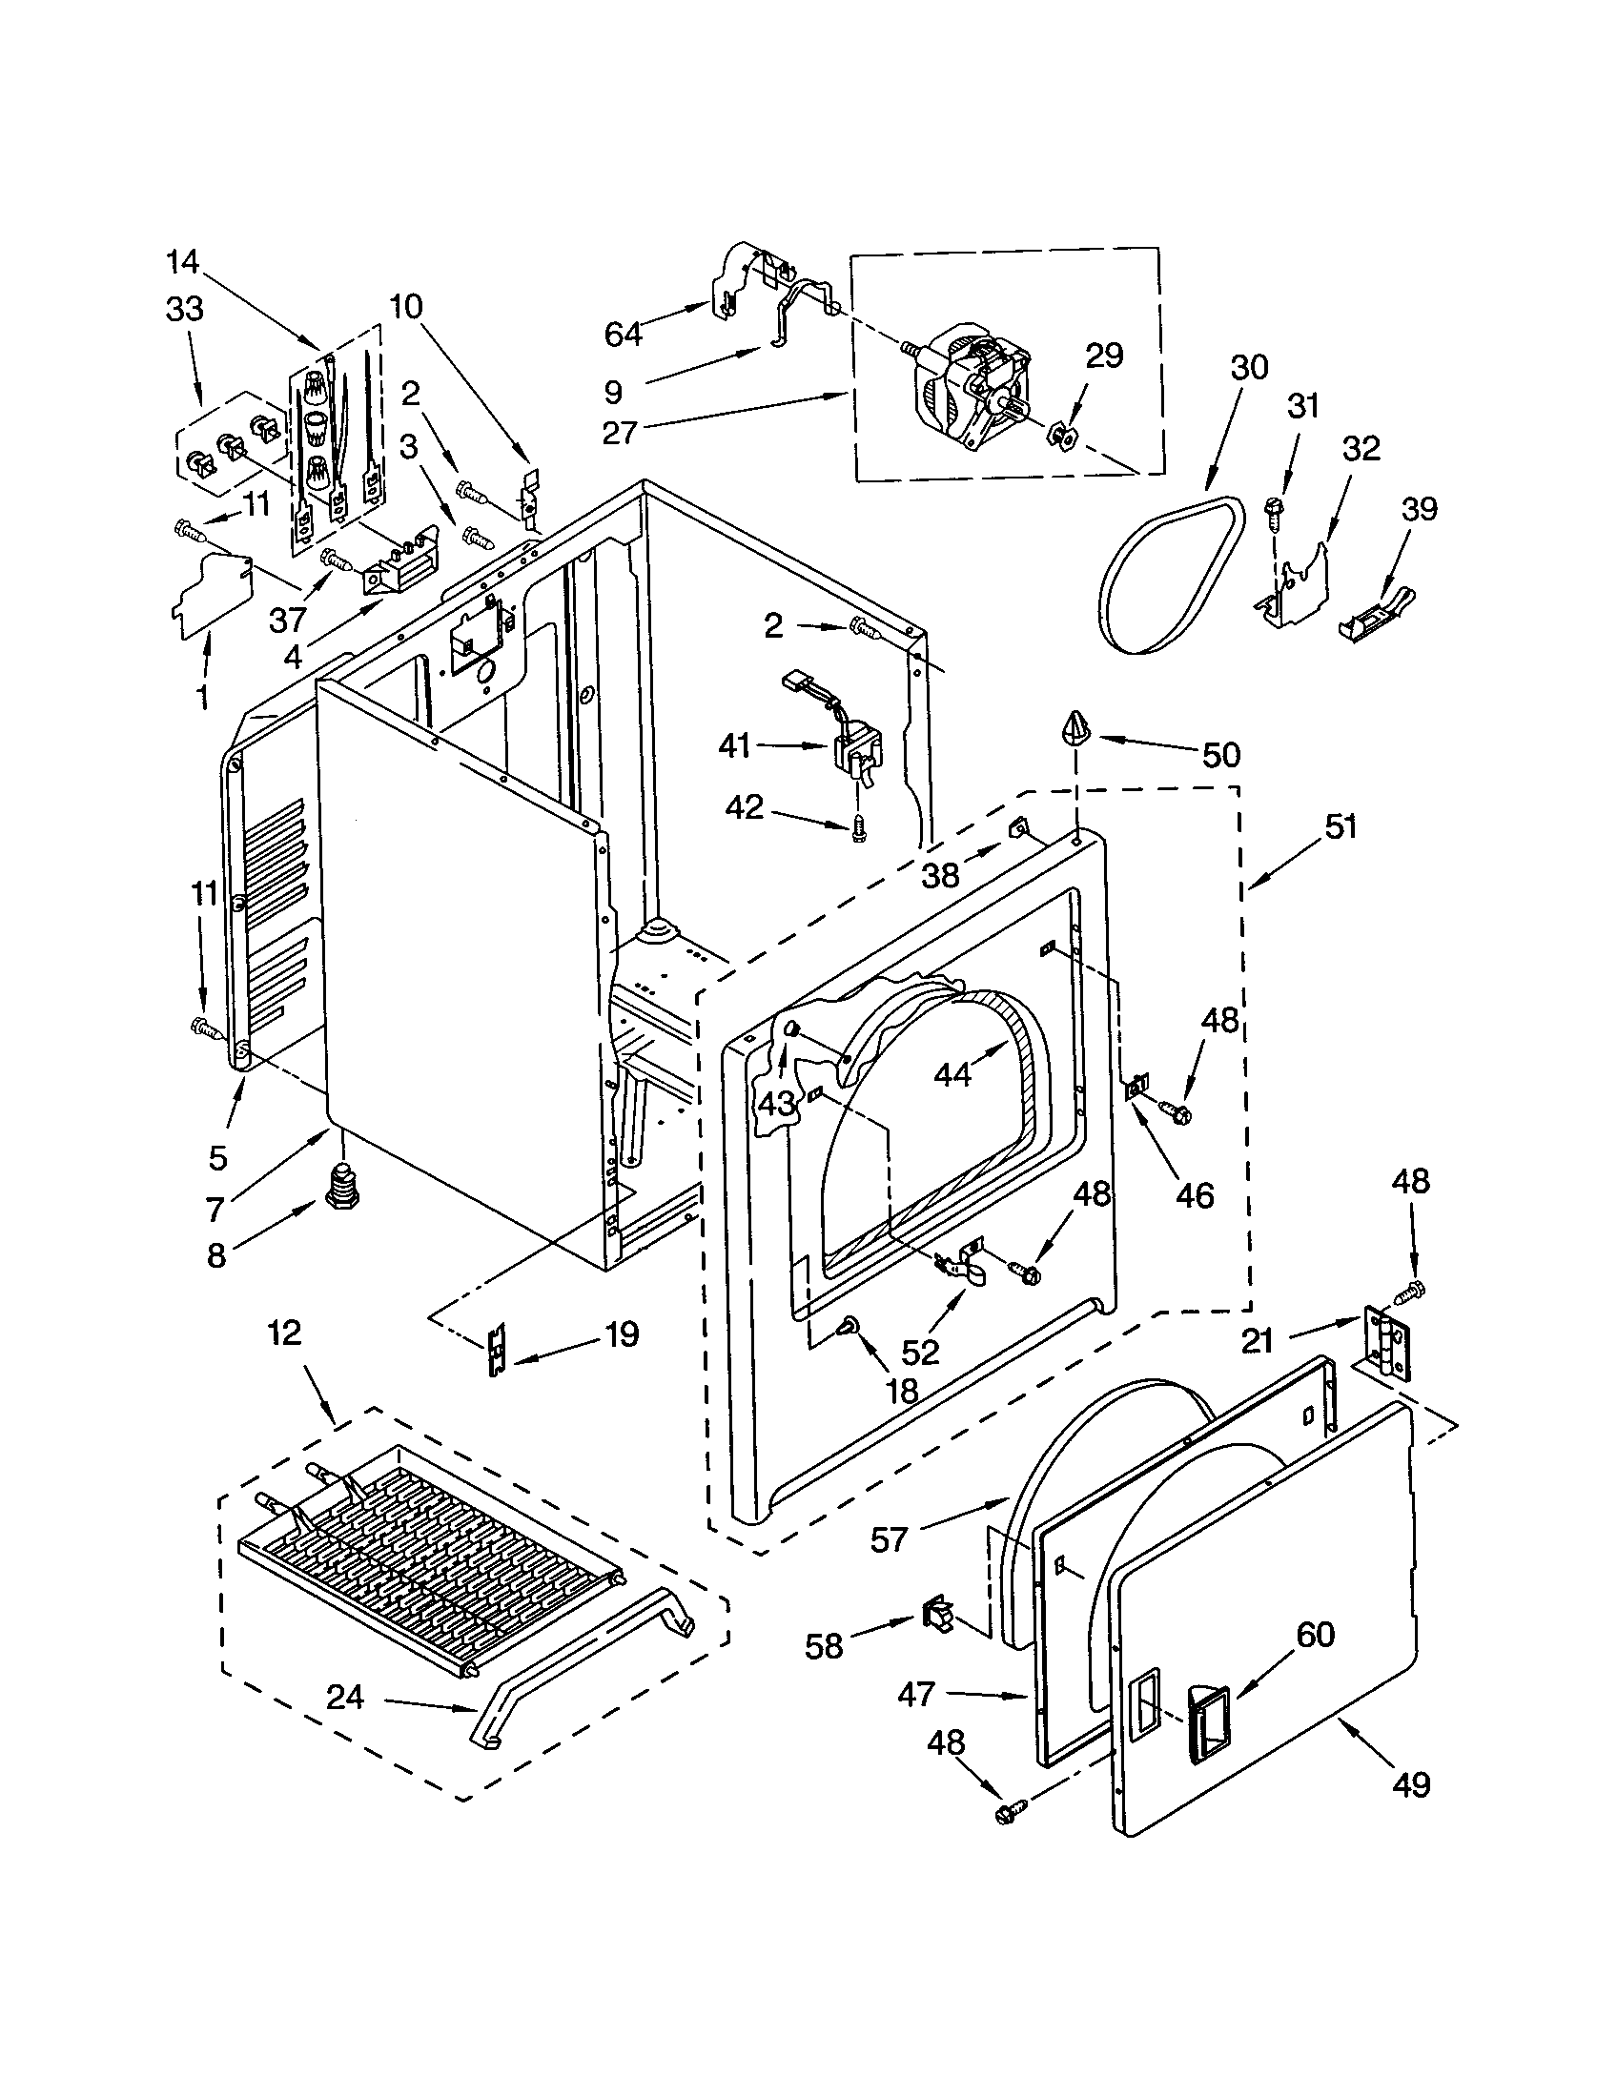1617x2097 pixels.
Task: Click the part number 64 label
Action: point(623,335)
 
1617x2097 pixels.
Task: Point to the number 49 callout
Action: point(1410,1784)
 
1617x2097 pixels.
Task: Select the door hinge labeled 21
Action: point(1387,1344)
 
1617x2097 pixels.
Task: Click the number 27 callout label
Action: point(620,432)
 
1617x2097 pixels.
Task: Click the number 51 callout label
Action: point(1341,825)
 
